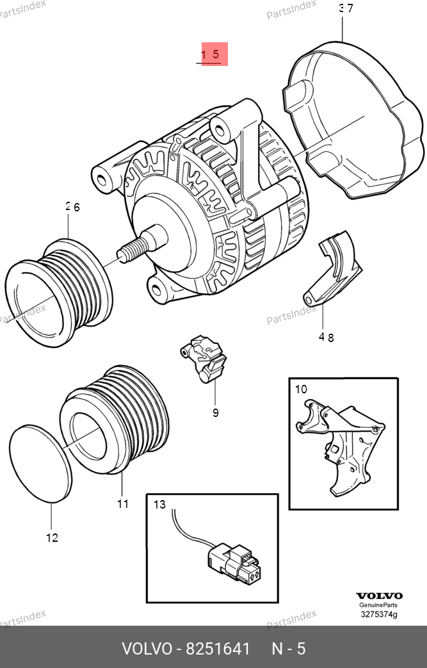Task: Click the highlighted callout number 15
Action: pos(211,54)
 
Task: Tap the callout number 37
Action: pos(346,8)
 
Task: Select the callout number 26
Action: pos(73,207)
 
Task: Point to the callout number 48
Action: pos(326,337)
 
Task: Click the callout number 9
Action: pos(215,412)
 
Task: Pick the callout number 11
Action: pos(123,504)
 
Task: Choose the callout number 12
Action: pos(52,537)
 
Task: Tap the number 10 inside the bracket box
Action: pos(300,389)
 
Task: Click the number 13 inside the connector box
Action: pos(159,505)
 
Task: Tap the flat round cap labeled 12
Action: pos(40,464)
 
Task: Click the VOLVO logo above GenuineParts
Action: pos(379,596)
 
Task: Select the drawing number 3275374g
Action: pos(379,614)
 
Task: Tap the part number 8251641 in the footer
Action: pos(218,649)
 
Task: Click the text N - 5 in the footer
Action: pos(289,649)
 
